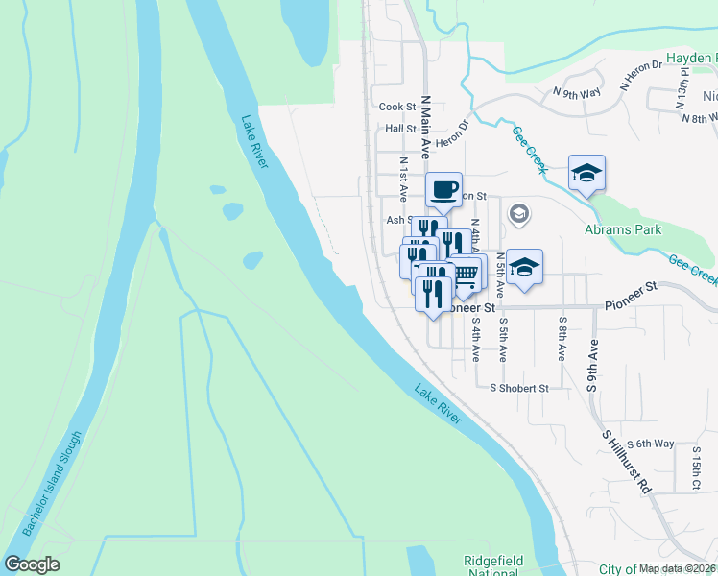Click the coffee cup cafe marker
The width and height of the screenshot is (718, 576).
[443, 189]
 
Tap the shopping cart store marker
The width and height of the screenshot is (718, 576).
[466, 274]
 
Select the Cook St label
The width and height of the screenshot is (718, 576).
[396, 108]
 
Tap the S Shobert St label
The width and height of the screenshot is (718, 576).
[518, 389]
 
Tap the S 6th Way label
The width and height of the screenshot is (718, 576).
[650, 444]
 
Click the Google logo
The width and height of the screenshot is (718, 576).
[32, 564]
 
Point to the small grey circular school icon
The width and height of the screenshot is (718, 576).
[519, 213]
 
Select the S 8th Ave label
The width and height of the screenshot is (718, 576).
[562, 339]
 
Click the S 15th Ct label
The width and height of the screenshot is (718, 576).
[697, 471]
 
